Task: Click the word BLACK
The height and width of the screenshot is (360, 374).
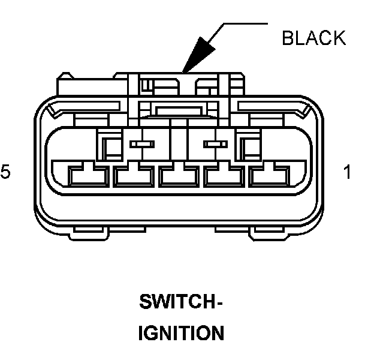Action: [313, 38]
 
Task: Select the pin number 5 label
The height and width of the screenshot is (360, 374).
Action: [5, 172]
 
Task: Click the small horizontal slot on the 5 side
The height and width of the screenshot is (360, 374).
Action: [141, 144]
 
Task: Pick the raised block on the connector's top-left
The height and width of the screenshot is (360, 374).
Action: [84, 85]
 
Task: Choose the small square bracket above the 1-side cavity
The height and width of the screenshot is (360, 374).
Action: [248, 145]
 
